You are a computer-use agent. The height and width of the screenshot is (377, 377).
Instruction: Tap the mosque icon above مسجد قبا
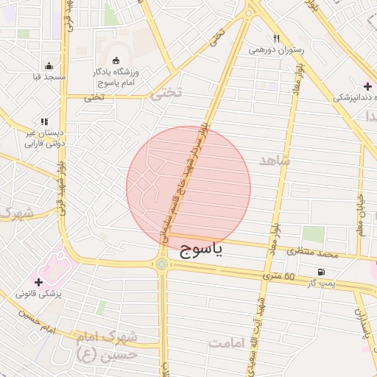(49, 66)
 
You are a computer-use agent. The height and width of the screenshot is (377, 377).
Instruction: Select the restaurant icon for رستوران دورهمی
(276, 38)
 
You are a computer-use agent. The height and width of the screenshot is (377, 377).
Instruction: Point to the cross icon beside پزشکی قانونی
(38, 282)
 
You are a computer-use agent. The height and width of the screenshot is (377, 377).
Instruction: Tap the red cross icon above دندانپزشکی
(367, 86)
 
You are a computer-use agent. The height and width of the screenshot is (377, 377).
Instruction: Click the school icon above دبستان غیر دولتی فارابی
(44, 121)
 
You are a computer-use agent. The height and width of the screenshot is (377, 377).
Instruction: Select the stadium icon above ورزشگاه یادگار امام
(116, 60)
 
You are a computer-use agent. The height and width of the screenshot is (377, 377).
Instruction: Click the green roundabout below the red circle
(161, 264)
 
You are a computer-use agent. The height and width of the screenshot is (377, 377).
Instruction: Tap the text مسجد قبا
(49, 77)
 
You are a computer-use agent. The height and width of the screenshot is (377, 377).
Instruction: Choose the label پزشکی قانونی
(40, 293)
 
